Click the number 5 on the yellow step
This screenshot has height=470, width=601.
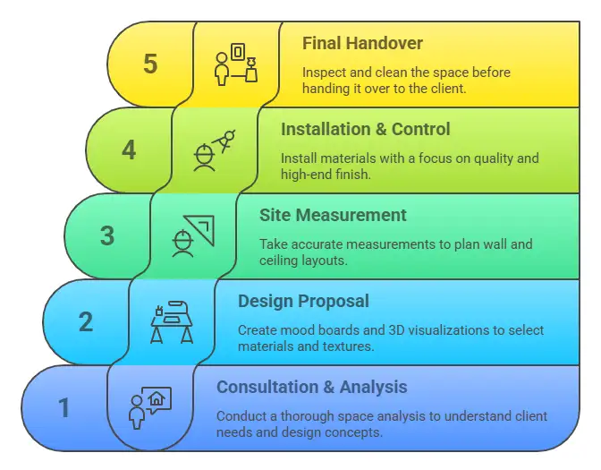point(150,64)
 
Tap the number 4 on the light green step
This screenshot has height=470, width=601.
point(129,150)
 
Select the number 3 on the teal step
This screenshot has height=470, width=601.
point(107,235)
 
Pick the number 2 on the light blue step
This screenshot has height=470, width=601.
point(86,321)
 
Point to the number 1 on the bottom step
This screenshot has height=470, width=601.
point(64,408)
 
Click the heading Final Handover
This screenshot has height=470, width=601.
point(362,43)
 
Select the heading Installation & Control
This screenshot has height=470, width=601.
point(365,129)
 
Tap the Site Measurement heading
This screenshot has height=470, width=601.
point(333,215)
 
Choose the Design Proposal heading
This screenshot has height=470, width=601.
point(303,301)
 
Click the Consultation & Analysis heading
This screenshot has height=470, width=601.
point(311,387)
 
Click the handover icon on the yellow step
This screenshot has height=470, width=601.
point(236,63)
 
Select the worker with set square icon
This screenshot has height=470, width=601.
point(193,235)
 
